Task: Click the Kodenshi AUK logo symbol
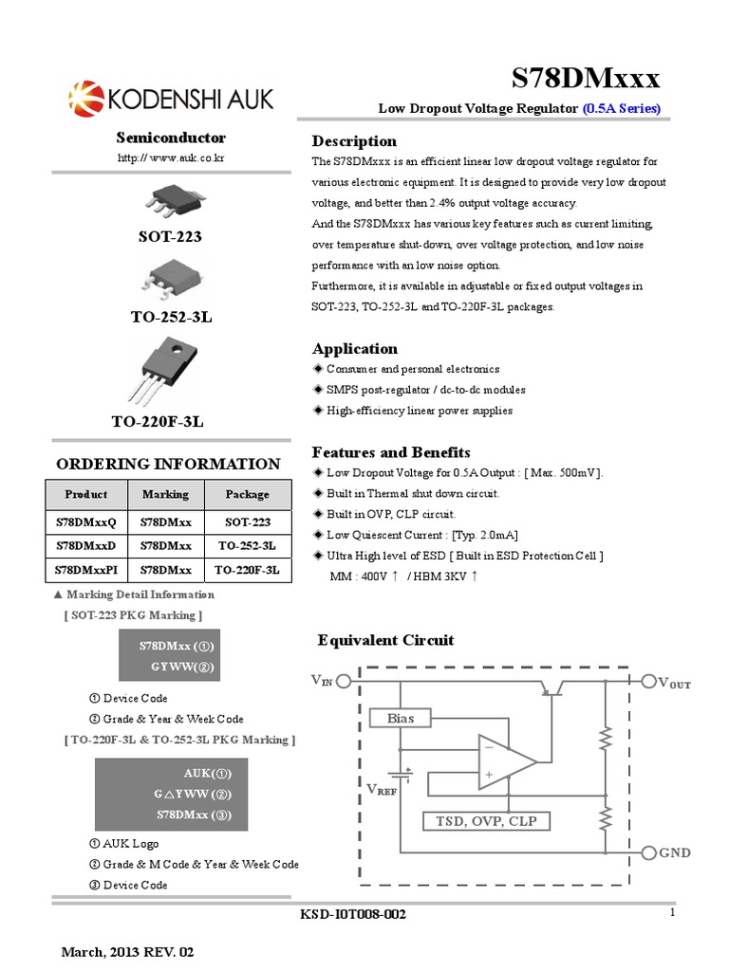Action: coord(84,98)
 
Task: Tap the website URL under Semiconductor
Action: coord(171,157)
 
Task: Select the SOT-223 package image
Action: coord(171,198)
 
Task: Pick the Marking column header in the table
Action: coord(165,494)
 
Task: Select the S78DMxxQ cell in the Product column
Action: coord(85,522)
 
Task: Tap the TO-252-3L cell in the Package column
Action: coord(247,546)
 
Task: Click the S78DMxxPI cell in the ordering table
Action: coord(85,571)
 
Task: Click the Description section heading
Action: coord(354,141)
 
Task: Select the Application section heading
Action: coord(355,348)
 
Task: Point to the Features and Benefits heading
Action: coord(391,452)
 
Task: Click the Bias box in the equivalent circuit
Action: coord(401,718)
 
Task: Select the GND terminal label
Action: coord(675,852)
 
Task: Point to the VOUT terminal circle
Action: coord(649,681)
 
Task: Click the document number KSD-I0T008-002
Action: coord(352,914)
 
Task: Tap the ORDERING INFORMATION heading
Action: coord(168,464)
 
